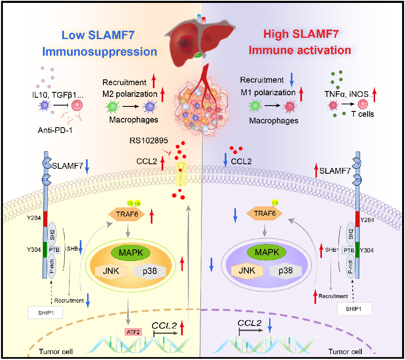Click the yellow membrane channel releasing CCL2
(183, 174)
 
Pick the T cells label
(362, 113)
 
